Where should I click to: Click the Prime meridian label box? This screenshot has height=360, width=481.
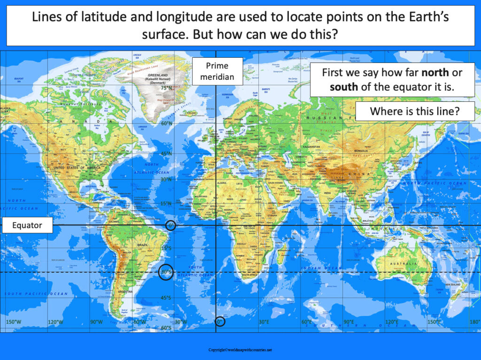pos(217,71)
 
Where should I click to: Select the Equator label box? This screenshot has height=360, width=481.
pos(27,225)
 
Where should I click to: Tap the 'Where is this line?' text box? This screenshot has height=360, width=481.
pos(414,112)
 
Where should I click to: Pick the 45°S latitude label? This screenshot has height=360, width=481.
pos(166,298)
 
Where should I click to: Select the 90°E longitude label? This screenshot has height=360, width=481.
pos(349,322)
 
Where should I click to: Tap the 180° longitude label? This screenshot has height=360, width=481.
pos(474,322)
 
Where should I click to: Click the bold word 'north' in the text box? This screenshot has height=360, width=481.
pos(435,73)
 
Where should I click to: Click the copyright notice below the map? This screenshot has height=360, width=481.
pos(240,350)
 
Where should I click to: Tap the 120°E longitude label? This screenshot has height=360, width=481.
pos(392,322)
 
